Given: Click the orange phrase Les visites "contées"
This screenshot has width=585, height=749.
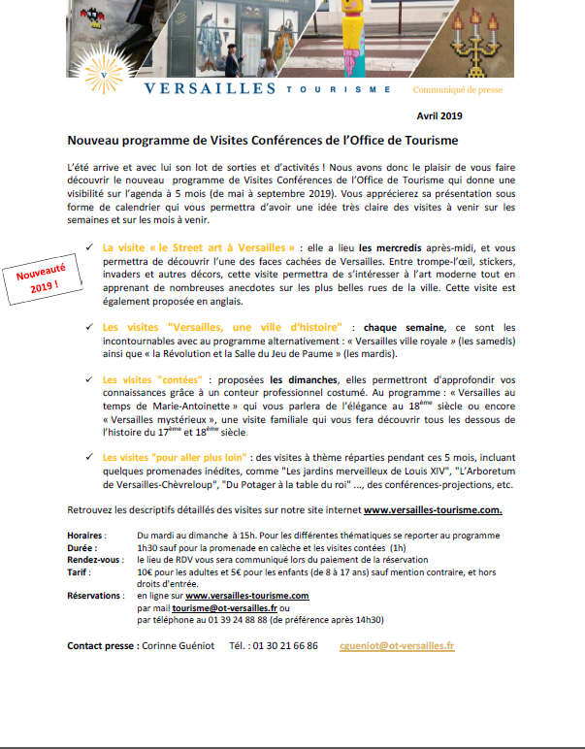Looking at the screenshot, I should tap(145, 379).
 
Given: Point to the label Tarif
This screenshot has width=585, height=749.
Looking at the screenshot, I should tap(79, 572).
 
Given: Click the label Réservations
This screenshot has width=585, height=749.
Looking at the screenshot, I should tap(94, 595).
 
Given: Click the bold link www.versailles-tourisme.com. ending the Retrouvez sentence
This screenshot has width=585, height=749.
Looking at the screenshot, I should tap(432, 509).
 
